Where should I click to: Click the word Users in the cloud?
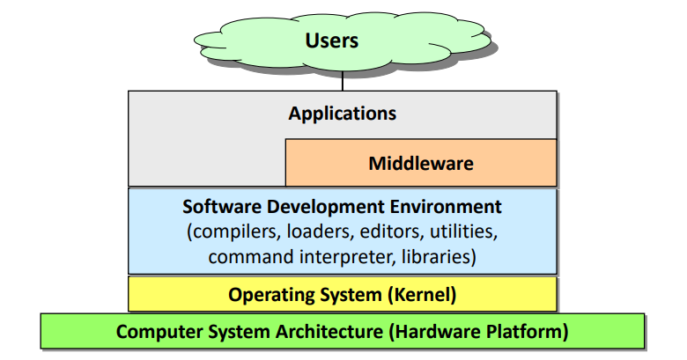(x=332, y=40)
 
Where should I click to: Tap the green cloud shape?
(x=264, y=44)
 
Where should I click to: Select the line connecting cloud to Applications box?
(x=342, y=82)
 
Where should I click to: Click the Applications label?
(x=342, y=114)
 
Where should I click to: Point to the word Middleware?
(x=421, y=163)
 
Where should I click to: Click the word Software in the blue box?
(x=217, y=208)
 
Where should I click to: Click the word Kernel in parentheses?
(x=425, y=294)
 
